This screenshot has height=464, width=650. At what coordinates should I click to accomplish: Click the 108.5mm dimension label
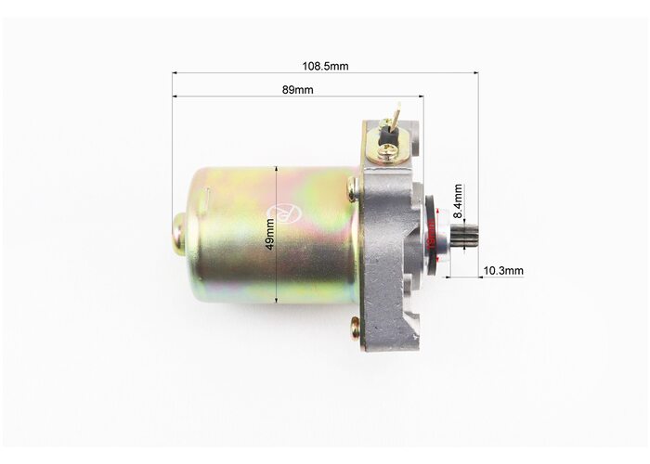click(325, 66)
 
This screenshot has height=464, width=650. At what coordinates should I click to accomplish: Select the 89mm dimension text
click(298, 90)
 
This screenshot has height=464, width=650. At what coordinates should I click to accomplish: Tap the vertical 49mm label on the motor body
click(270, 234)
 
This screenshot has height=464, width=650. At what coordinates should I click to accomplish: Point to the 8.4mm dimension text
click(458, 201)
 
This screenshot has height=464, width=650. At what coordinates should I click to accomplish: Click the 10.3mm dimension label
click(503, 271)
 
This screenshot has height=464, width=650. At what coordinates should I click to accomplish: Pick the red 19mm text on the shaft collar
click(431, 235)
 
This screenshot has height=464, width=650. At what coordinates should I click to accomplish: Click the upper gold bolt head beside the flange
click(352, 187)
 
